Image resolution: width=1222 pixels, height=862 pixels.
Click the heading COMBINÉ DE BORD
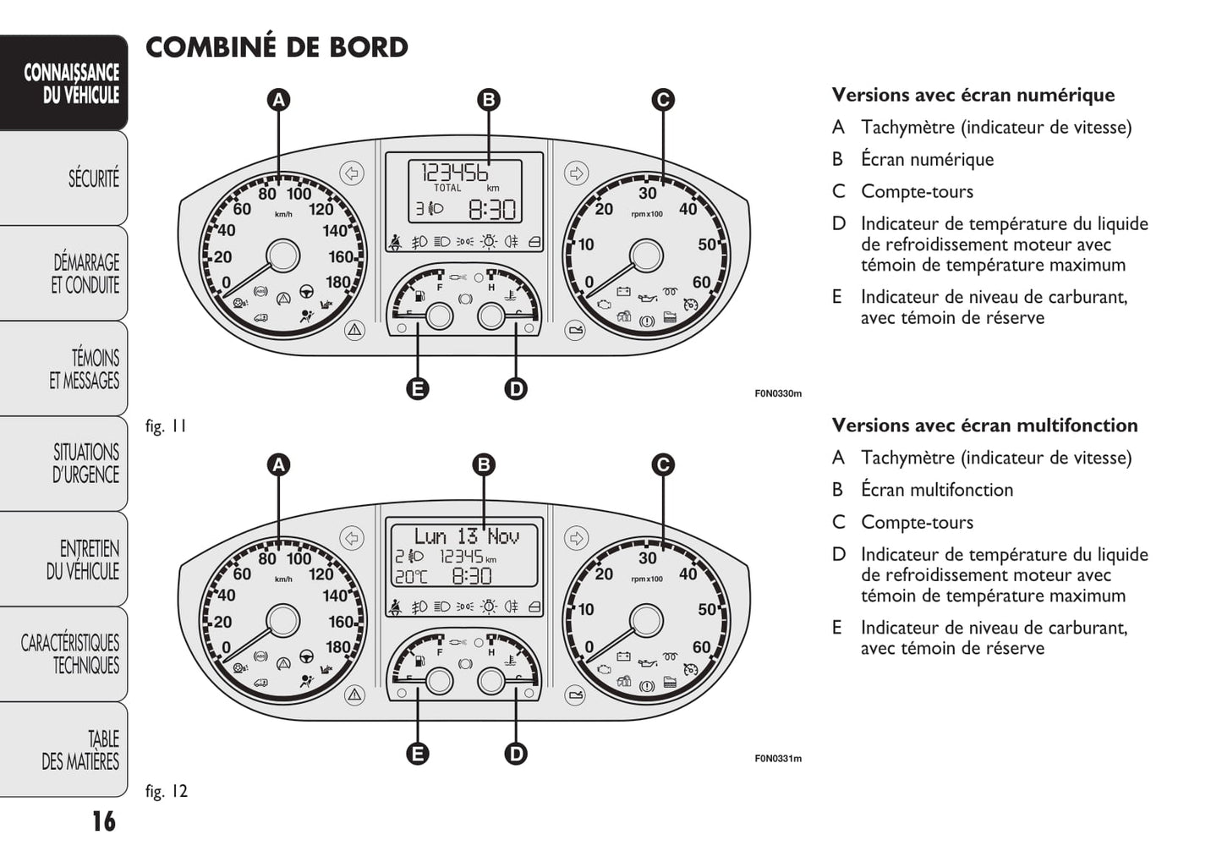(x=277, y=47)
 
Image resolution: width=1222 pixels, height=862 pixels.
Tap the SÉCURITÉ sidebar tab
(x=92, y=178)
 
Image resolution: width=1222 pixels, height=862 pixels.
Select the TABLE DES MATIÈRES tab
(x=80, y=750)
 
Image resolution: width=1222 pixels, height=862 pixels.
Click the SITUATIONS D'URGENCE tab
(x=85, y=464)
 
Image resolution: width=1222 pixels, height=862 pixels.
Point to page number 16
(x=103, y=821)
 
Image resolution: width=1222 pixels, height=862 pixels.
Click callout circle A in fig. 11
(x=278, y=100)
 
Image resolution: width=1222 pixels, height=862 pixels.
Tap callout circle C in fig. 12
(x=663, y=464)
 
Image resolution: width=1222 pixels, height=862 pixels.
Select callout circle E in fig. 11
(x=418, y=388)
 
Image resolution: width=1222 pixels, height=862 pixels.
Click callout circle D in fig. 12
(x=516, y=754)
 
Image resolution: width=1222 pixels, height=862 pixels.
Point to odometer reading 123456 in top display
(x=455, y=173)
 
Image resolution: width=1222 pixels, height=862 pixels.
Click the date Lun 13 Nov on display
(x=466, y=536)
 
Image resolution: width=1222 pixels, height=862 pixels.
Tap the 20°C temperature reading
(x=411, y=577)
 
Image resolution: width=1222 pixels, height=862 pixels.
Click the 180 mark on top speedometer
(x=337, y=283)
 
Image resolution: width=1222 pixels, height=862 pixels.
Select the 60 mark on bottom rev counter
(x=701, y=647)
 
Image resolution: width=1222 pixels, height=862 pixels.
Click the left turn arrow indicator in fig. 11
(x=352, y=173)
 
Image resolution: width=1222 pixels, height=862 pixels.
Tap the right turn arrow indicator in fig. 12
(x=576, y=538)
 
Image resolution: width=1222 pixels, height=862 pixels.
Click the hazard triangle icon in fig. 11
(x=354, y=330)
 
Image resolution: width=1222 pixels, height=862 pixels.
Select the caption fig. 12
(x=167, y=791)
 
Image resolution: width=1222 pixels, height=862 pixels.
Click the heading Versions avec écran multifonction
(x=984, y=426)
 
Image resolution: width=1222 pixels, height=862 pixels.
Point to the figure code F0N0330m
(x=777, y=393)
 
